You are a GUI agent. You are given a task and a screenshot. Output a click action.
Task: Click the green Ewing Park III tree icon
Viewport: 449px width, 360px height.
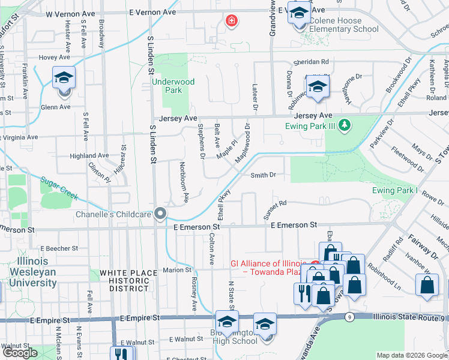tap(345, 125)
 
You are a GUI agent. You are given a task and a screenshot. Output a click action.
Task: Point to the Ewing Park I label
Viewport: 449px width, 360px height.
tap(394, 190)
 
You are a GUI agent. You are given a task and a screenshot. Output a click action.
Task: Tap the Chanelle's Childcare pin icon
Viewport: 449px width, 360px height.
tap(160, 214)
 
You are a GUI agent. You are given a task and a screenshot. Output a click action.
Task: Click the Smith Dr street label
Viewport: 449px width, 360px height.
tap(263, 175)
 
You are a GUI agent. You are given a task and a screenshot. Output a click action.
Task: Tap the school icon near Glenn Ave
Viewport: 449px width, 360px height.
tap(64, 78)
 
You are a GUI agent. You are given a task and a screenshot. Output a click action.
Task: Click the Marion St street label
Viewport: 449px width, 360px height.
tap(176, 270)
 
